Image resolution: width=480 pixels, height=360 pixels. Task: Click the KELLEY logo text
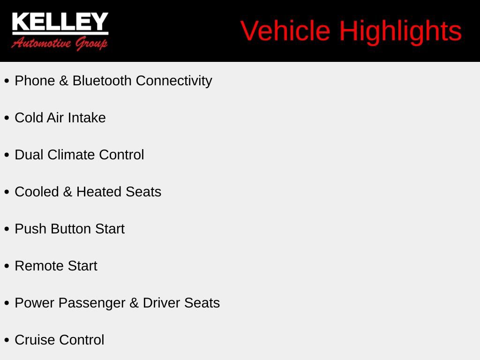[60, 22]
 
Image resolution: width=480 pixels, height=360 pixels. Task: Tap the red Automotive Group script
[60, 44]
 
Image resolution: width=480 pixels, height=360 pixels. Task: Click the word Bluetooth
[102, 81]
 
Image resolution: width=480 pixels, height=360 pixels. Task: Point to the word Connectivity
[174, 81]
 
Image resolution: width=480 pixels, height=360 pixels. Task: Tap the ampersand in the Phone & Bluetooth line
[64, 81]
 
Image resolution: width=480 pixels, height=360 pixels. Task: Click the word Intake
[87, 118]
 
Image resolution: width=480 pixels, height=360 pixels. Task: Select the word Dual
[29, 155]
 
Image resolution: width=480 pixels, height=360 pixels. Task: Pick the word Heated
[99, 192]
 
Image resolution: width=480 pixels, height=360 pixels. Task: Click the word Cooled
[37, 192]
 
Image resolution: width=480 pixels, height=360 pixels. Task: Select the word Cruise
[35, 340]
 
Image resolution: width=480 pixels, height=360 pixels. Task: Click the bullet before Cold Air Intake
[7, 118]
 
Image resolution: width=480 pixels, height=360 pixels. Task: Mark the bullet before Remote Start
[7, 266]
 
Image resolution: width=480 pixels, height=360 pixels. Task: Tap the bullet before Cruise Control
[7, 340]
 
